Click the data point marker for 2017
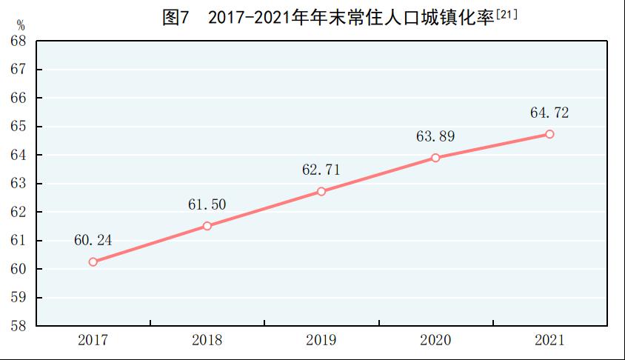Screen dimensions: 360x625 93,261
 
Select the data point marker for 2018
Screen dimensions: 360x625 207,226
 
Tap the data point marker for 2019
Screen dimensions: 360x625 321,191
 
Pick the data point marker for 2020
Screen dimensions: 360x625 435,158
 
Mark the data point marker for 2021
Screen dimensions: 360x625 549,134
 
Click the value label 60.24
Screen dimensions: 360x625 93,240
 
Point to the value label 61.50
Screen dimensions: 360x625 207,204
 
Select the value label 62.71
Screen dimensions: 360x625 321,170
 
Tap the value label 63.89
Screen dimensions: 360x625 435,136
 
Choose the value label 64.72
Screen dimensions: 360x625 549,113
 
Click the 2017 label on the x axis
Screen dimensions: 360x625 93,341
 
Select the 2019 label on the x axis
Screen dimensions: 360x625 321,341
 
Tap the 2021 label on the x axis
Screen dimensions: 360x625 549,341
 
